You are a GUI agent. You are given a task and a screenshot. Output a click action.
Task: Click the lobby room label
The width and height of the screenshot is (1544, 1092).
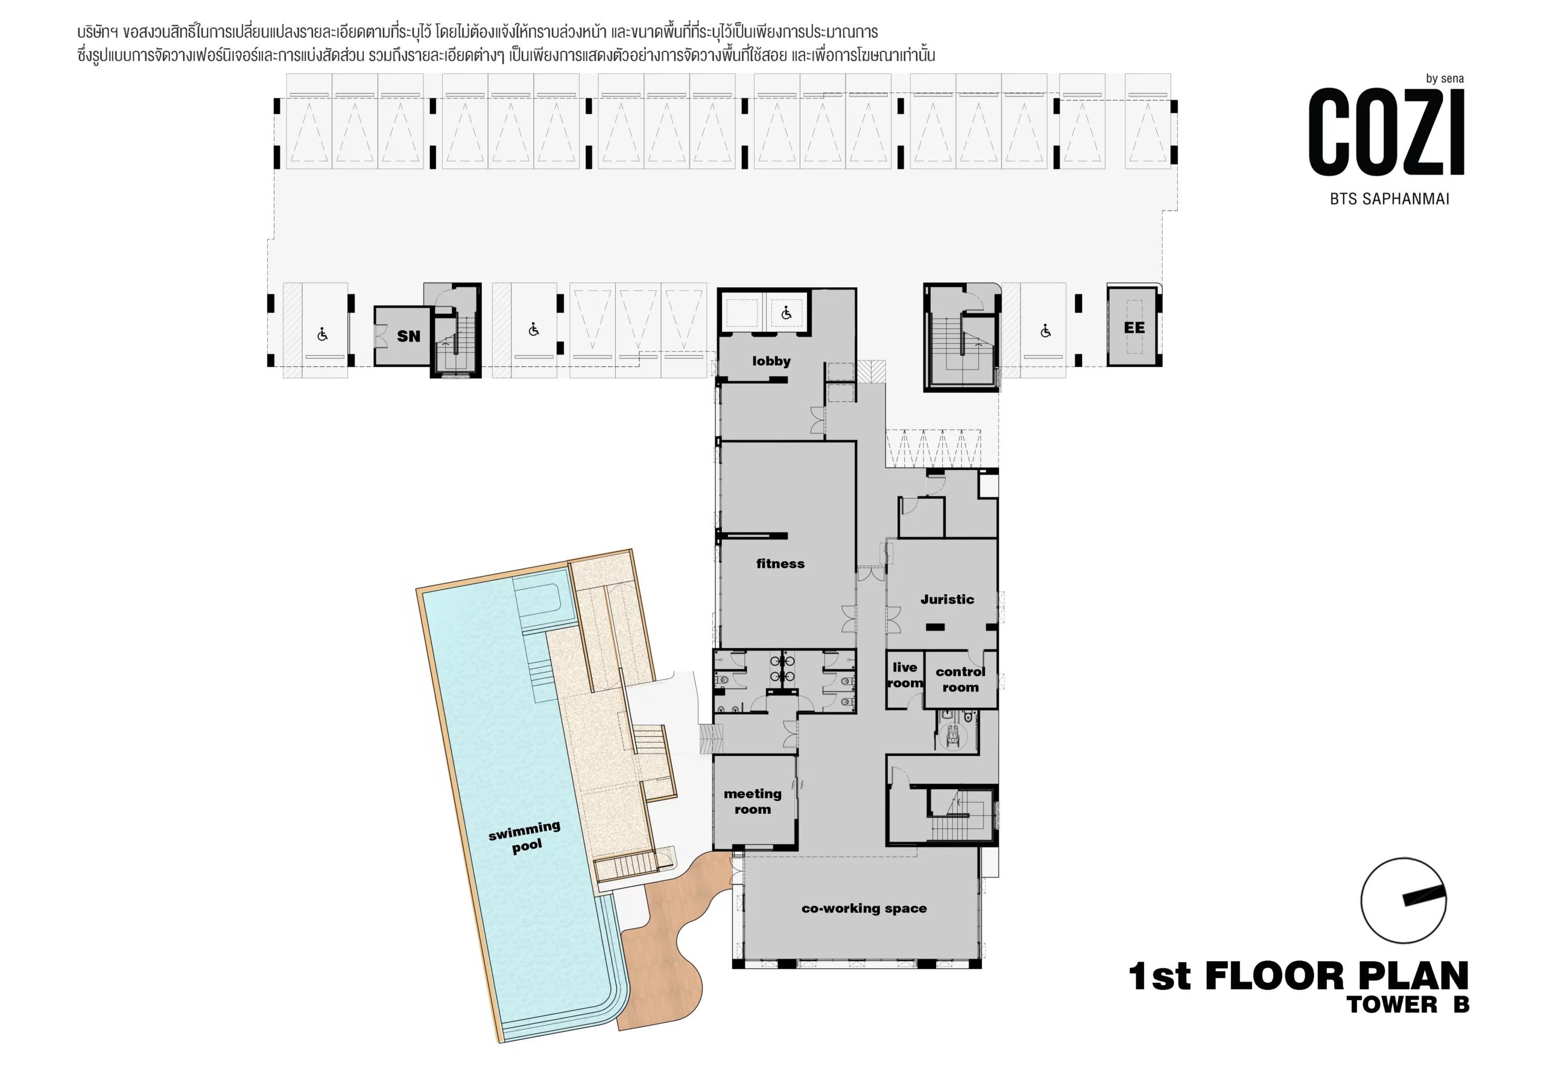[x=771, y=361]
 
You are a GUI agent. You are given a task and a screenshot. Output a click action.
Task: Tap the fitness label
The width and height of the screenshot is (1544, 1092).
[x=780, y=564]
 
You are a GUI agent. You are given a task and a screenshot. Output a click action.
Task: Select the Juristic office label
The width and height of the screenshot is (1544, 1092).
[x=947, y=599]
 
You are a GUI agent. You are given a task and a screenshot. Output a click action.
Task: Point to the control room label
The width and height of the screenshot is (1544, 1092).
[x=960, y=679]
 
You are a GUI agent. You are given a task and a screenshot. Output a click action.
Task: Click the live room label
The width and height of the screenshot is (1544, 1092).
[x=905, y=675]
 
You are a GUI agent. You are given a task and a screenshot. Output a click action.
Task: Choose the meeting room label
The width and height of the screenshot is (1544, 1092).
[x=753, y=801]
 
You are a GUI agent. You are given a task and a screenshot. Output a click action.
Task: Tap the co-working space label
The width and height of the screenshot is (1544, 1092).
[x=864, y=909]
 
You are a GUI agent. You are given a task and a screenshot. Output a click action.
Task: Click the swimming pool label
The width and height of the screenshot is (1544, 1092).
[x=525, y=836]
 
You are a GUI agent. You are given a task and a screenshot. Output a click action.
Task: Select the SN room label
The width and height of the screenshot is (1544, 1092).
[x=408, y=337]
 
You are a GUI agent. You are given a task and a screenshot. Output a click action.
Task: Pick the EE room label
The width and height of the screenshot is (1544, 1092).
[x=1134, y=328]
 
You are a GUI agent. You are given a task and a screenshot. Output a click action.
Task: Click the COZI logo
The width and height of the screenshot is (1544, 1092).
[x=1387, y=133]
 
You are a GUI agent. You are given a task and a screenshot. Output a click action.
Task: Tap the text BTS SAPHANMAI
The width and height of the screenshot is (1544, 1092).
[x=1390, y=199]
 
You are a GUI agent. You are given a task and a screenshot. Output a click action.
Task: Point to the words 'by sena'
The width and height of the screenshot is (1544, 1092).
[x=1444, y=78]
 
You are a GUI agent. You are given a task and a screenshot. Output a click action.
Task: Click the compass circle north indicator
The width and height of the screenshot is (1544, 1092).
[x=1403, y=900]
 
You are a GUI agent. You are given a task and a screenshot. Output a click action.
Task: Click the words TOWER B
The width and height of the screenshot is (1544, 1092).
[x=1408, y=1005]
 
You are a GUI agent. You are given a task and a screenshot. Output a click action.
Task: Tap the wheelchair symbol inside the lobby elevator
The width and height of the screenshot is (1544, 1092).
[x=786, y=313]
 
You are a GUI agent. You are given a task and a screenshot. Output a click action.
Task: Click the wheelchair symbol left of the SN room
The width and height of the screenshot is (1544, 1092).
[x=323, y=334]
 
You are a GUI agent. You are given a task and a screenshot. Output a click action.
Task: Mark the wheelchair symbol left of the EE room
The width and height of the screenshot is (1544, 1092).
[x=1046, y=331]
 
